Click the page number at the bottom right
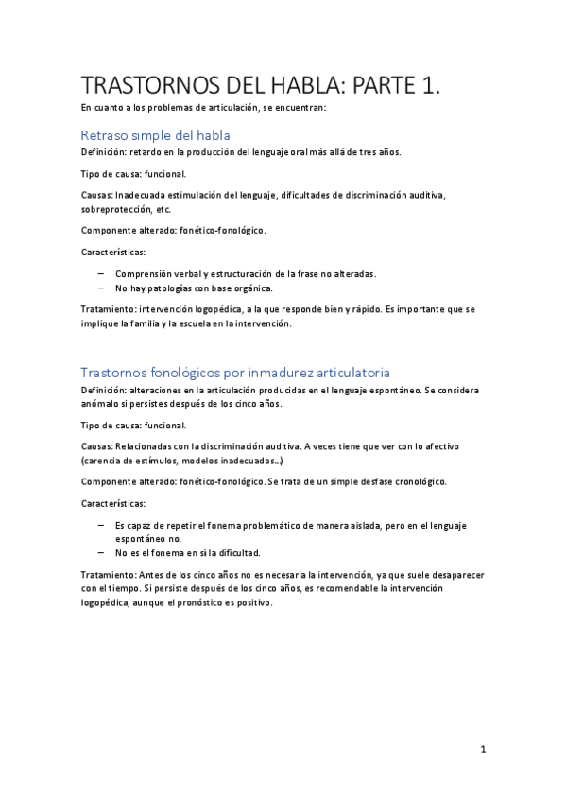tap(483, 750)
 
